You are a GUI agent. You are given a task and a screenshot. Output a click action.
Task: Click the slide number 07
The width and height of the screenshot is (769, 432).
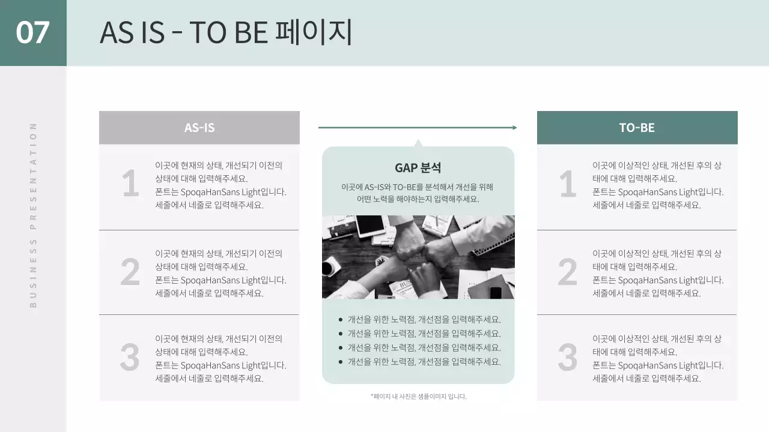pos(32,32)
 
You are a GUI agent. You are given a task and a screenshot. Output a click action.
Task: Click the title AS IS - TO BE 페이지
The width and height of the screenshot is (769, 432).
pos(226,33)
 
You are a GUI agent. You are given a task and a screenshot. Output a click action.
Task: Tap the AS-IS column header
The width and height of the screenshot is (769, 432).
pos(199,128)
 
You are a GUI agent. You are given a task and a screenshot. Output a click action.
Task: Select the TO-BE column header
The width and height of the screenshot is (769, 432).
pos(637,128)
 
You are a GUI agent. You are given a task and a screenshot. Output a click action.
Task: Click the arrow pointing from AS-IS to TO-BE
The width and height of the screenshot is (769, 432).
pos(417,127)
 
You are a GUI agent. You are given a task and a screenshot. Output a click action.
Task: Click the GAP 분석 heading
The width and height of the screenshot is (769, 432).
pos(418,168)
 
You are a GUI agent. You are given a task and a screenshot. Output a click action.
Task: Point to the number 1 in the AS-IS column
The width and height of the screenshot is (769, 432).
pos(130,184)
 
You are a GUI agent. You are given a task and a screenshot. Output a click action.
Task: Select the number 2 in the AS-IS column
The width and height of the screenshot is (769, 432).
pos(130,273)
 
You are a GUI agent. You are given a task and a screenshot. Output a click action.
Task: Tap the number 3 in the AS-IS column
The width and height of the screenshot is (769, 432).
pos(130,358)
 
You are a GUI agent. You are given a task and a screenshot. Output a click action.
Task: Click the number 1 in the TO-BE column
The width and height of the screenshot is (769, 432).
pos(568,184)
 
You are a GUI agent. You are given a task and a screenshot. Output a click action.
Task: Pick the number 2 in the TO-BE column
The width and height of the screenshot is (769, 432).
pos(567,273)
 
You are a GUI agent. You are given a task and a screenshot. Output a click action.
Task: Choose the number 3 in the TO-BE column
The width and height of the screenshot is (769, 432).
pos(567,358)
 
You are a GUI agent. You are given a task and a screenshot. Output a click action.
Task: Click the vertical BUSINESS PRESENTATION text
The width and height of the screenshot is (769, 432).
pos(33,215)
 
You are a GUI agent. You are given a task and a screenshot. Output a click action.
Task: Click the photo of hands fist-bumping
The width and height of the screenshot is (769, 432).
pos(418,257)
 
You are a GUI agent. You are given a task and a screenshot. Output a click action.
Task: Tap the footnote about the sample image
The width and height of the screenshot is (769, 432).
pos(418,397)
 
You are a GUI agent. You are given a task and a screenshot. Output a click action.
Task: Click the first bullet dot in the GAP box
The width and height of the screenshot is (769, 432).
pos(341,320)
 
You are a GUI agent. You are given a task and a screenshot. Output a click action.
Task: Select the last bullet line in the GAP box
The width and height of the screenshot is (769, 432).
pos(424,362)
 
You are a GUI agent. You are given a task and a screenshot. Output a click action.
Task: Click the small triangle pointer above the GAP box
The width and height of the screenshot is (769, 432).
pos(418,143)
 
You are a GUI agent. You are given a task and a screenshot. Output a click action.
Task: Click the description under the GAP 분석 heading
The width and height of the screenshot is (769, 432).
pos(418,193)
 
